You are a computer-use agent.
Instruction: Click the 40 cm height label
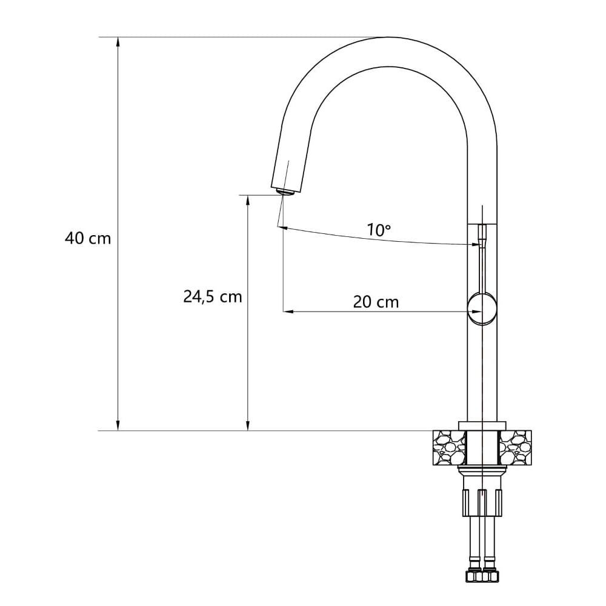88,238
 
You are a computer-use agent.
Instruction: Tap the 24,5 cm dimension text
213,297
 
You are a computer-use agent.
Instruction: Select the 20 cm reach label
376,302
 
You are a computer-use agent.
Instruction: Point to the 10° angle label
378,230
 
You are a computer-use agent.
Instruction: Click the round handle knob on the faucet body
482,308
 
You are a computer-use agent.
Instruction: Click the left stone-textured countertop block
450,448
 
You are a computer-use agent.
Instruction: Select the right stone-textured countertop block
516,448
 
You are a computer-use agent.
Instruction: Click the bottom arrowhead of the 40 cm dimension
118,425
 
